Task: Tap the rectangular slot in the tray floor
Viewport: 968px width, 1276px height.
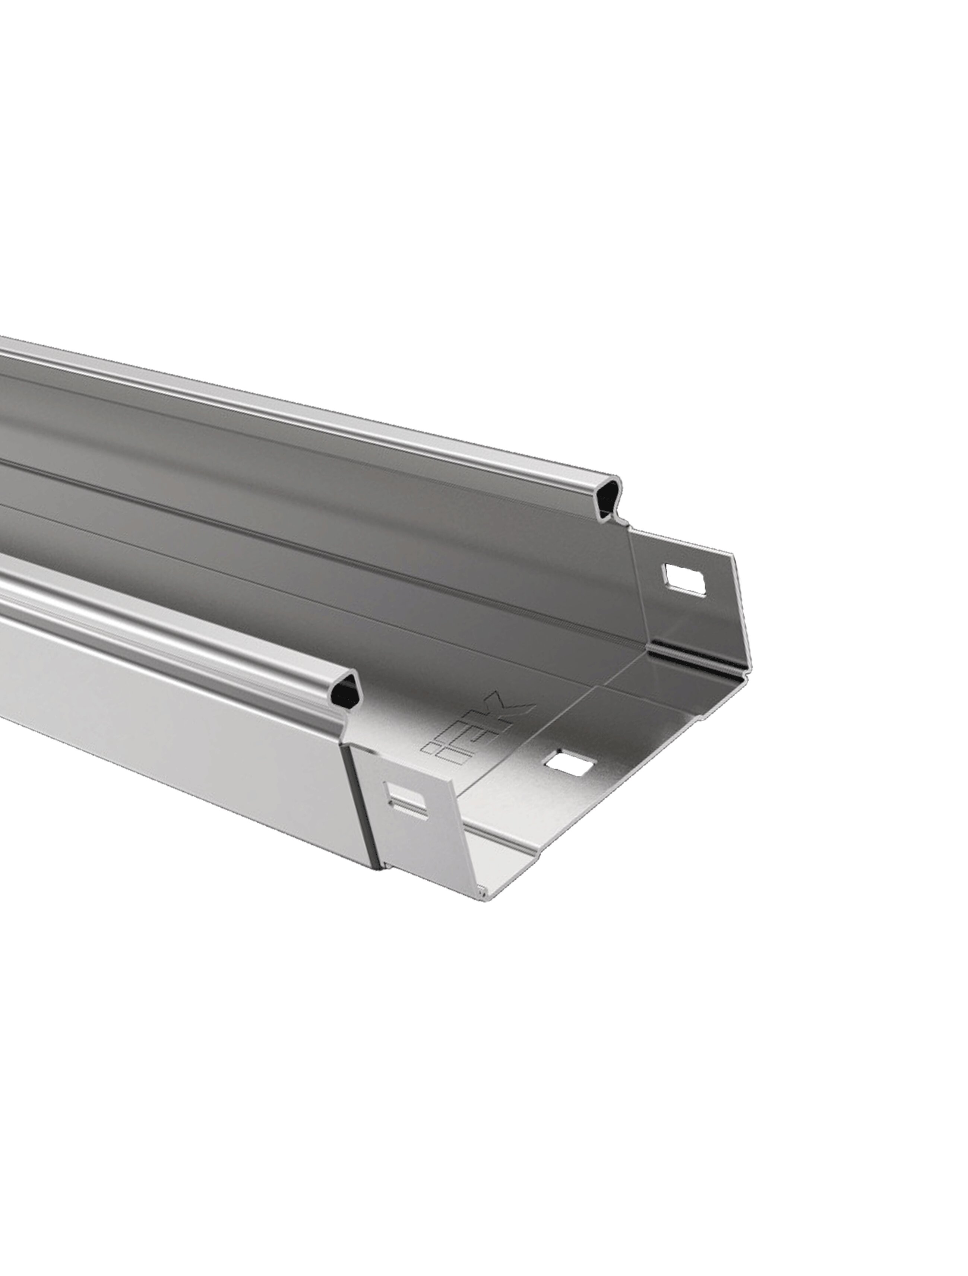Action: click(x=570, y=764)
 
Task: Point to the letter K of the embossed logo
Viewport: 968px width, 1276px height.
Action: click(x=507, y=707)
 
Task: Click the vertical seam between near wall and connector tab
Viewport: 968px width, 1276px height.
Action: click(x=359, y=808)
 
